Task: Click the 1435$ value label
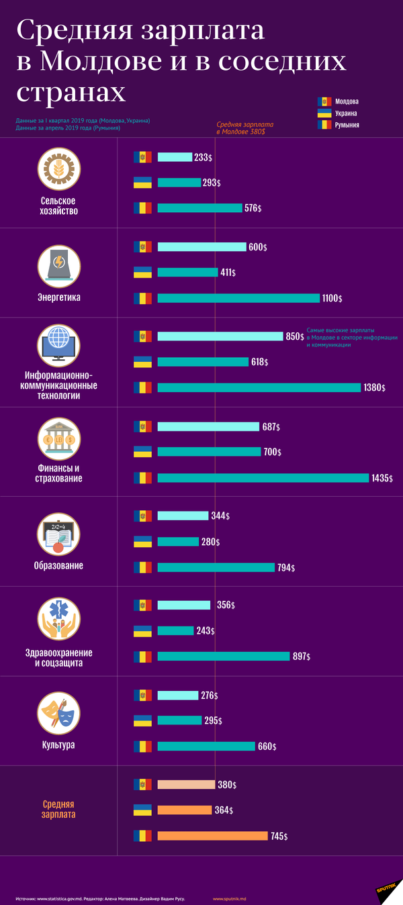coord(382,478)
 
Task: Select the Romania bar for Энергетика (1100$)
coord(238,298)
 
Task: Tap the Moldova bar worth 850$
coord(220,336)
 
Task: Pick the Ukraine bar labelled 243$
coord(175,630)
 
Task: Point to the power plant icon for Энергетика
coord(59,263)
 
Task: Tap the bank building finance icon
coord(59,439)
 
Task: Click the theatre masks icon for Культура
coord(59,712)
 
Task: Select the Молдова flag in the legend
coord(324,102)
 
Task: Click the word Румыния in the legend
coord(347,125)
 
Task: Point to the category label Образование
coord(59,565)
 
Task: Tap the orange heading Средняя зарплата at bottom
coord(59,809)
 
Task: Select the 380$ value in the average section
coord(227,784)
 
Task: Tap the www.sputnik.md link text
coord(230,898)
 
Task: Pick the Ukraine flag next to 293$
coord(143,182)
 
